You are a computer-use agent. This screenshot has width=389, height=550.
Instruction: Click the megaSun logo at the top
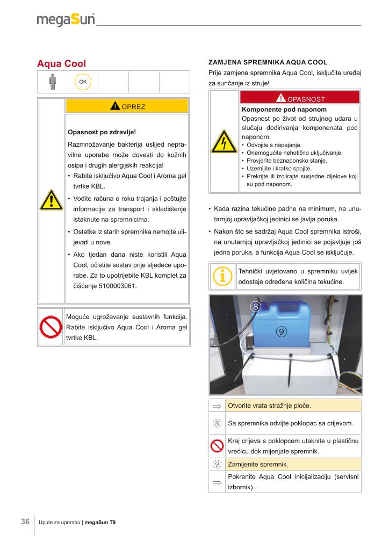coord(66,20)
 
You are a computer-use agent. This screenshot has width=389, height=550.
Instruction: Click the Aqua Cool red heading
coord(61,64)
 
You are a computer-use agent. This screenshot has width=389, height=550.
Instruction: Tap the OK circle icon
coord(83,82)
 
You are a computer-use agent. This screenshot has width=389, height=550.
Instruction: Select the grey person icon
coord(52,82)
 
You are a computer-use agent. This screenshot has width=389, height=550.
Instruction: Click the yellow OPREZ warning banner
coord(127,106)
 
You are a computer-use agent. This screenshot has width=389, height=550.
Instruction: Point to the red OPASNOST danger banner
coord(300,98)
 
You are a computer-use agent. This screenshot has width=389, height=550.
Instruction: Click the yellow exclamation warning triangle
coord(52,200)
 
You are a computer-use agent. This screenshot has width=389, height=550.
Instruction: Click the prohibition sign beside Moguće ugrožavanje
coord(51,326)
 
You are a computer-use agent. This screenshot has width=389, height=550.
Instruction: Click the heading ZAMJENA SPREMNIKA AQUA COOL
coord(267,62)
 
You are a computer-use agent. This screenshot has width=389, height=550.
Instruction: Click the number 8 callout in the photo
coord(256,307)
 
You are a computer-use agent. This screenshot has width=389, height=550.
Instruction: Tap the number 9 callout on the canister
coord(280,331)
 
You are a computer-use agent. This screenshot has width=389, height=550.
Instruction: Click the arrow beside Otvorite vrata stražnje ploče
coord(217,406)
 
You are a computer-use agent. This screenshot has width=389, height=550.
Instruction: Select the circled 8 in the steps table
coord(217,423)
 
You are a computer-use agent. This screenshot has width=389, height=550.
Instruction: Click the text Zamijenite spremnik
coord(258,464)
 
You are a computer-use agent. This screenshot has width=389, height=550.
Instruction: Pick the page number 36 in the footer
coord(25,522)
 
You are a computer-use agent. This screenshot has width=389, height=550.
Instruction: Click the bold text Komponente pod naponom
coord(277,109)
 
